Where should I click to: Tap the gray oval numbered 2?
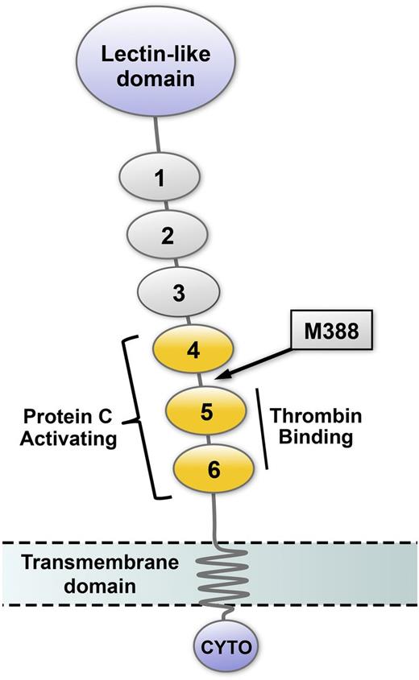point(168,235)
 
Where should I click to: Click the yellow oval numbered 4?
point(193,352)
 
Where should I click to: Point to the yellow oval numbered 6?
point(214,470)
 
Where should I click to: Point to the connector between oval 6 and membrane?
point(213,515)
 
